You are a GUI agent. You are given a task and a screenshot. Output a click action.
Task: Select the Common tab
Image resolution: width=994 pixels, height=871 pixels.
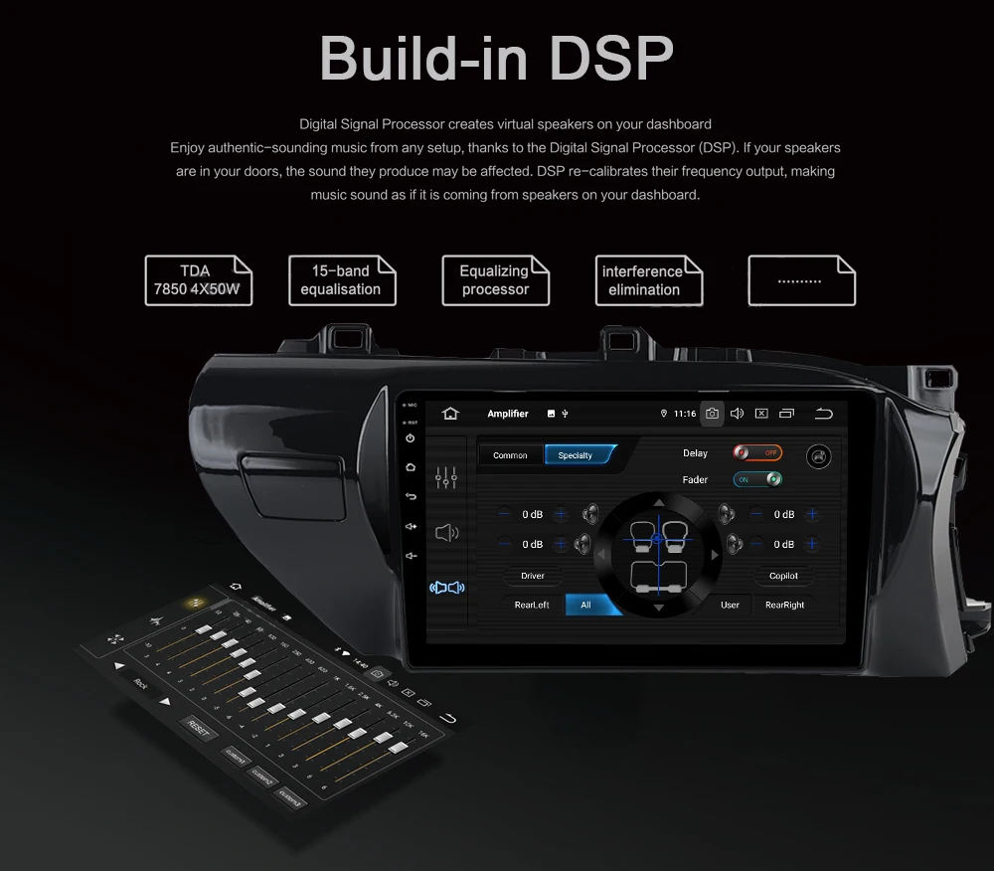click(x=510, y=455)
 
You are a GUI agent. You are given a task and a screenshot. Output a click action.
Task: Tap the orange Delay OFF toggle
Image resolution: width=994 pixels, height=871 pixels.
click(x=757, y=452)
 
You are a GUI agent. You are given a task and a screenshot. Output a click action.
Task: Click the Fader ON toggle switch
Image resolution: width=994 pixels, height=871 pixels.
click(x=757, y=479)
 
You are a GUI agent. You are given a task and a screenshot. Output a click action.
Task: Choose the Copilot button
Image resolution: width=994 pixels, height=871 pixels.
click(x=783, y=576)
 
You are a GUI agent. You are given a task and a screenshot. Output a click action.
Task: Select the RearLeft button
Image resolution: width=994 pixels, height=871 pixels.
click(x=532, y=605)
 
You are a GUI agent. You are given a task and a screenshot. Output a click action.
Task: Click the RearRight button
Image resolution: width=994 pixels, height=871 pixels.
click(x=784, y=605)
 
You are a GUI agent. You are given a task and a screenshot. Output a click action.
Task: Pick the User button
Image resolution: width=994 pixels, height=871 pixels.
click(x=730, y=605)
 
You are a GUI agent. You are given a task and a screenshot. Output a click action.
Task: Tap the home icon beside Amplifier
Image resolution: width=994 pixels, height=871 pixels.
click(x=450, y=414)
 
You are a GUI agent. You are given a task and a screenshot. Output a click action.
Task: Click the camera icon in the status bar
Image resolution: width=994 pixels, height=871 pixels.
click(x=712, y=414)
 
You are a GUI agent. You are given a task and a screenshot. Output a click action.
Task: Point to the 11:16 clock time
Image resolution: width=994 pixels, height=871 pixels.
click(x=685, y=414)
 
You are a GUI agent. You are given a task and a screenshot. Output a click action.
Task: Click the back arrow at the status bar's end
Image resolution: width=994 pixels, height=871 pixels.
click(x=823, y=414)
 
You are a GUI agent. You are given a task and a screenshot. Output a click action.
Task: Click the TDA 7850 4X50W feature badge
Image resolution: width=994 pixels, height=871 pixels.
click(x=198, y=280)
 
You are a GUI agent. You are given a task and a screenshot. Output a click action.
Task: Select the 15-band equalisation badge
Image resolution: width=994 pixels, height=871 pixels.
click(x=342, y=280)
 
